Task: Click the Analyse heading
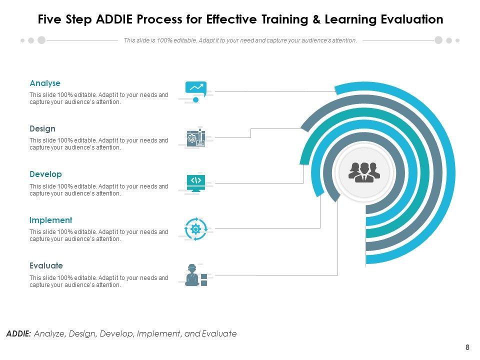45,83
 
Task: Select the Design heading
42,129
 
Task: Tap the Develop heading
45,174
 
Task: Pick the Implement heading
50,220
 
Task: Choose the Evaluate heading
46,265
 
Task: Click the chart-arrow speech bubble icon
195,89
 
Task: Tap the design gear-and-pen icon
195,137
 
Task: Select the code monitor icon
195,182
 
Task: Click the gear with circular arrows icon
195,228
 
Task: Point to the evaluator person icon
193,275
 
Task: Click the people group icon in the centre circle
364,172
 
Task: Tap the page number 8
467,347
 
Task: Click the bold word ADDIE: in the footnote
18,333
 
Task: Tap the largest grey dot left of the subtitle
41,40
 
